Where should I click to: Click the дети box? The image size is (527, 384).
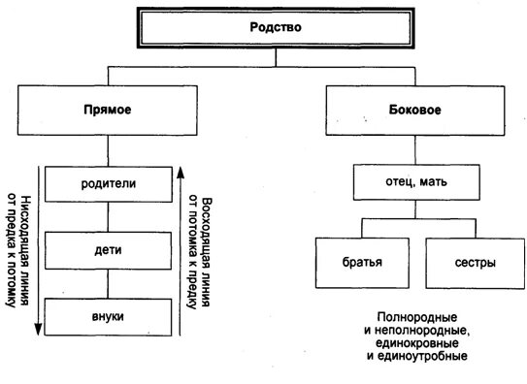pyautogui.click(x=108, y=250)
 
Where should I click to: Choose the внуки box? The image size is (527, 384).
pyautogui.click(x=108, y=317)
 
